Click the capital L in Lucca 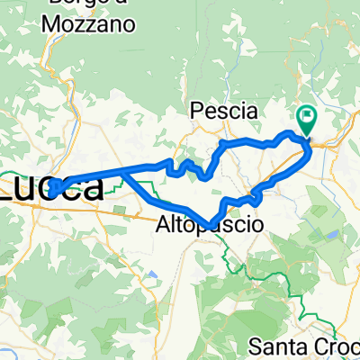(x=9, y=188)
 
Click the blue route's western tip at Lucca (x=51, y=191)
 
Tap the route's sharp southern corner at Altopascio (x=209, y=224)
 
